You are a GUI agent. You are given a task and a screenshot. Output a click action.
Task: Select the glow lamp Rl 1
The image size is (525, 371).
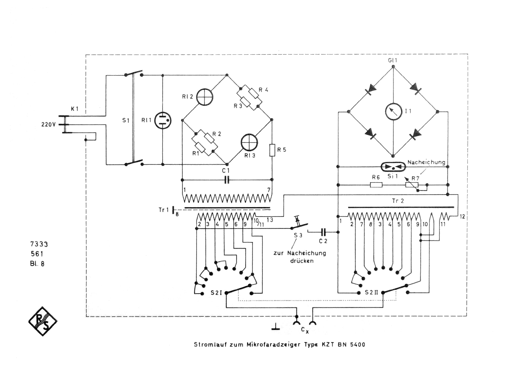click(x=163, y=120)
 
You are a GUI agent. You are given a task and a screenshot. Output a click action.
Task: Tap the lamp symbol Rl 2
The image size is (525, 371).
click(x=204, y=97)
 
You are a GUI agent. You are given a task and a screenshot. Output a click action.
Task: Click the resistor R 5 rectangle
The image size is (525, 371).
click(x=272, y=150)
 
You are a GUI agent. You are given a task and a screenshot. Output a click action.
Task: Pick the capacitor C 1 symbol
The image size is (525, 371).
click(x=227, y=180)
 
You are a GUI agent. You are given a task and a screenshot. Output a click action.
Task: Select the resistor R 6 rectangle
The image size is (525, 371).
click(x=376, y=185)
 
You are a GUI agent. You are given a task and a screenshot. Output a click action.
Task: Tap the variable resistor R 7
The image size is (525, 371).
click(x=412, y=185)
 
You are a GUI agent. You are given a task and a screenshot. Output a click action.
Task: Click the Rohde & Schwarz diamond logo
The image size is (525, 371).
click(x=43, y=321)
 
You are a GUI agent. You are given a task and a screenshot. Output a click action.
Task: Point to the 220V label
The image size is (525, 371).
click(x=48, y=124)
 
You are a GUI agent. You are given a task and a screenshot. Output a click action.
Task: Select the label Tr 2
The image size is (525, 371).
click(x=398, y=201)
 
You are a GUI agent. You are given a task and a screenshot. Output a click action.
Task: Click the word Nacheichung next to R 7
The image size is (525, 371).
click(x=426, y=162)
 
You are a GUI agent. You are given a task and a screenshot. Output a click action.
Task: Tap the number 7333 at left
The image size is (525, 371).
click(x=39, y=244)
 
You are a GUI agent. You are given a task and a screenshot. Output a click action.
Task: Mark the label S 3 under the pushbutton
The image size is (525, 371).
click(x=298, y=235)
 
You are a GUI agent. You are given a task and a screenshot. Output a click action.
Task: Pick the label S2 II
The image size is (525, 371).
click(x=371, y=292)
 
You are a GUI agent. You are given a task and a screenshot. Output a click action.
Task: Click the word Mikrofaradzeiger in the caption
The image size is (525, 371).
click(x=274, y=344)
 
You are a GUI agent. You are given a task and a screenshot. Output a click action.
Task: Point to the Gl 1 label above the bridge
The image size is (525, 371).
click(x=392, y=60)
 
